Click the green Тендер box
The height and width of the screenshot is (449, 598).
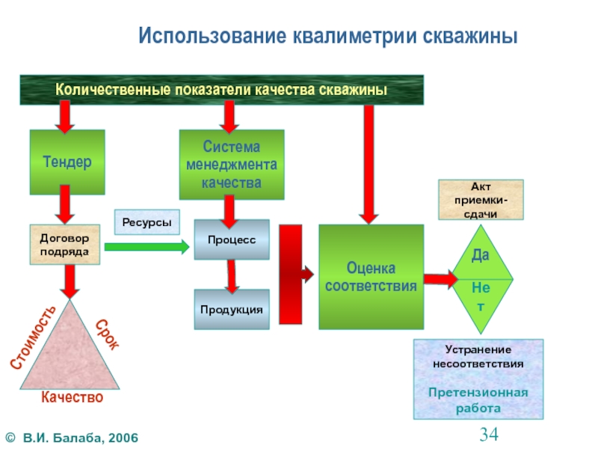(67, 161)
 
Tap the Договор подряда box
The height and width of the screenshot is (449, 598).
(64, 245)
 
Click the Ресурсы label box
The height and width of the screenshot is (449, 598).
(147, 222)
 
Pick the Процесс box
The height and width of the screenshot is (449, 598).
(232, 239)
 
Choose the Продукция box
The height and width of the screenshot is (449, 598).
(232, 309)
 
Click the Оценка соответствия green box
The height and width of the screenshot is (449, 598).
(371, 277)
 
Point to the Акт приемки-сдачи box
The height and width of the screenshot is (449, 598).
(480, 199)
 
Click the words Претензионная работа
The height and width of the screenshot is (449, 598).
(478, 400)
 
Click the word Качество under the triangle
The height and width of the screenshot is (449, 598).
(72, 398)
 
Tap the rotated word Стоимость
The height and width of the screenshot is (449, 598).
(33, 337)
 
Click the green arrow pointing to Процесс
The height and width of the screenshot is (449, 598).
(147, 245)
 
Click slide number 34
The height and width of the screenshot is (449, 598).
(489, 433)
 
